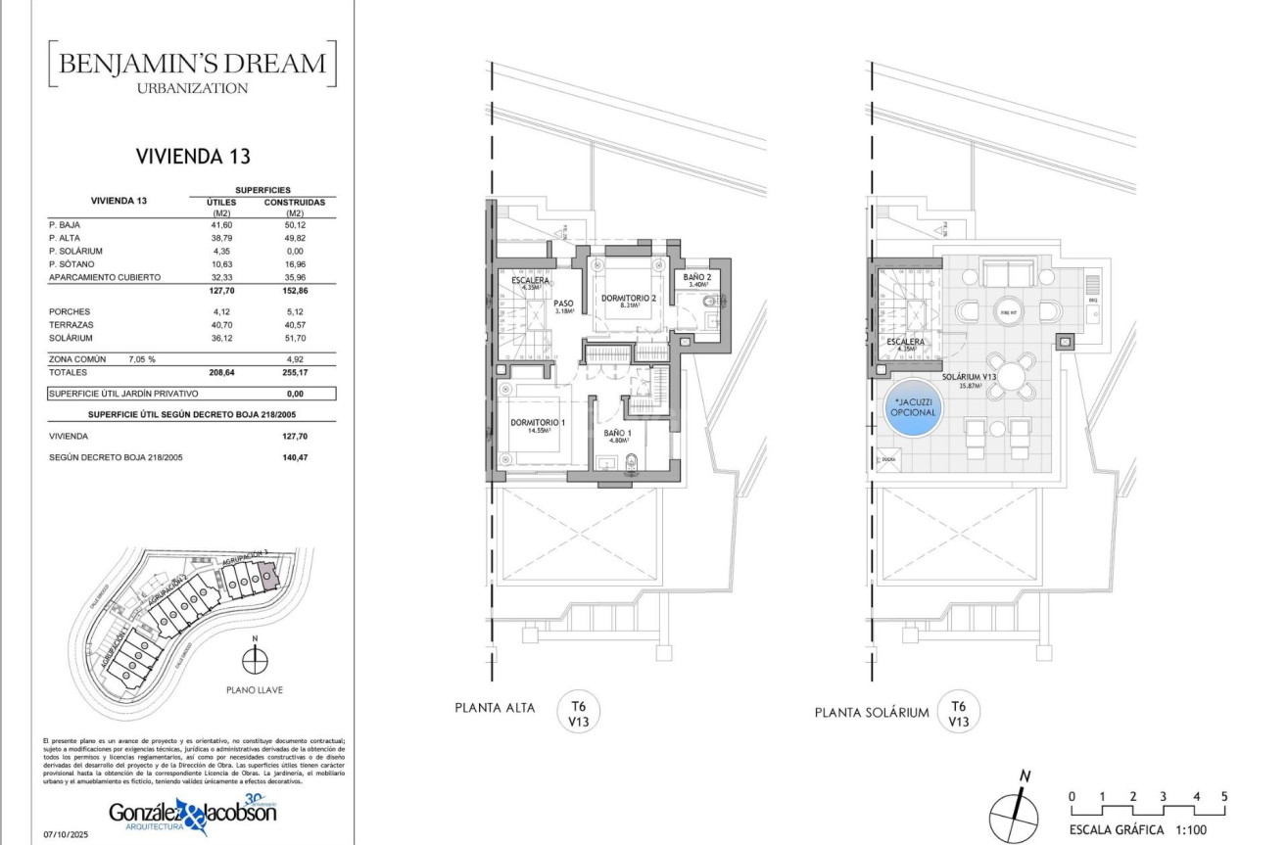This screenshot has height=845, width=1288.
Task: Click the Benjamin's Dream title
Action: point(192,65)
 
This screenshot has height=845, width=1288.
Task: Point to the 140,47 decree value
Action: point(295,457)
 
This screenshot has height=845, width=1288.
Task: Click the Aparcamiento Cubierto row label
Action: point(105,278)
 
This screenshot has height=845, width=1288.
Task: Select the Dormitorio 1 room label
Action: point(539,423)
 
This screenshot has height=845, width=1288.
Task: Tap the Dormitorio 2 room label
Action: point(629,297)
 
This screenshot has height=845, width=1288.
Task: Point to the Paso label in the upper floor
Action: point(562,304)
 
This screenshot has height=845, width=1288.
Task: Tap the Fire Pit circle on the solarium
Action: point(1009,313)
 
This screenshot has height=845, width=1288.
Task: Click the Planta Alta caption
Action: point(495,708)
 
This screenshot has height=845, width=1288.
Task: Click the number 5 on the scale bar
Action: point(1224,796)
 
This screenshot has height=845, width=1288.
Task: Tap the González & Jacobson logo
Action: point(192,814)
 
